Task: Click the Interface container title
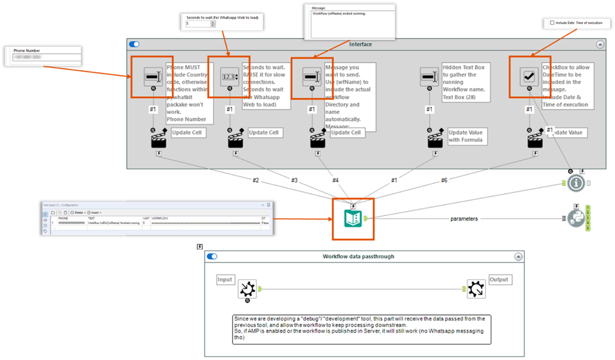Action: pos(361,44)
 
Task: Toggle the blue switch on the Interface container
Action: pos(134,44)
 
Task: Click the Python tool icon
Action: pos(575,218)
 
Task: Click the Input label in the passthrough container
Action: pos(225,279)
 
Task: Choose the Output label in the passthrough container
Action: pos(499,279)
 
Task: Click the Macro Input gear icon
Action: pos(247,289)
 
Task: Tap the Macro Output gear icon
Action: pos(476,289)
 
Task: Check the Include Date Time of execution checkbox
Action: pos(552,23)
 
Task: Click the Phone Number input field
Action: pos(46,58)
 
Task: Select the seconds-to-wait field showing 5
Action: pos(197,24)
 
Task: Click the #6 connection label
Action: pos(444,180)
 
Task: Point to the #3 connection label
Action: pos(294,180)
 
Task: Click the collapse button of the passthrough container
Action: pos(518,256)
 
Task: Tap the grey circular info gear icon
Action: pos(575,183)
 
